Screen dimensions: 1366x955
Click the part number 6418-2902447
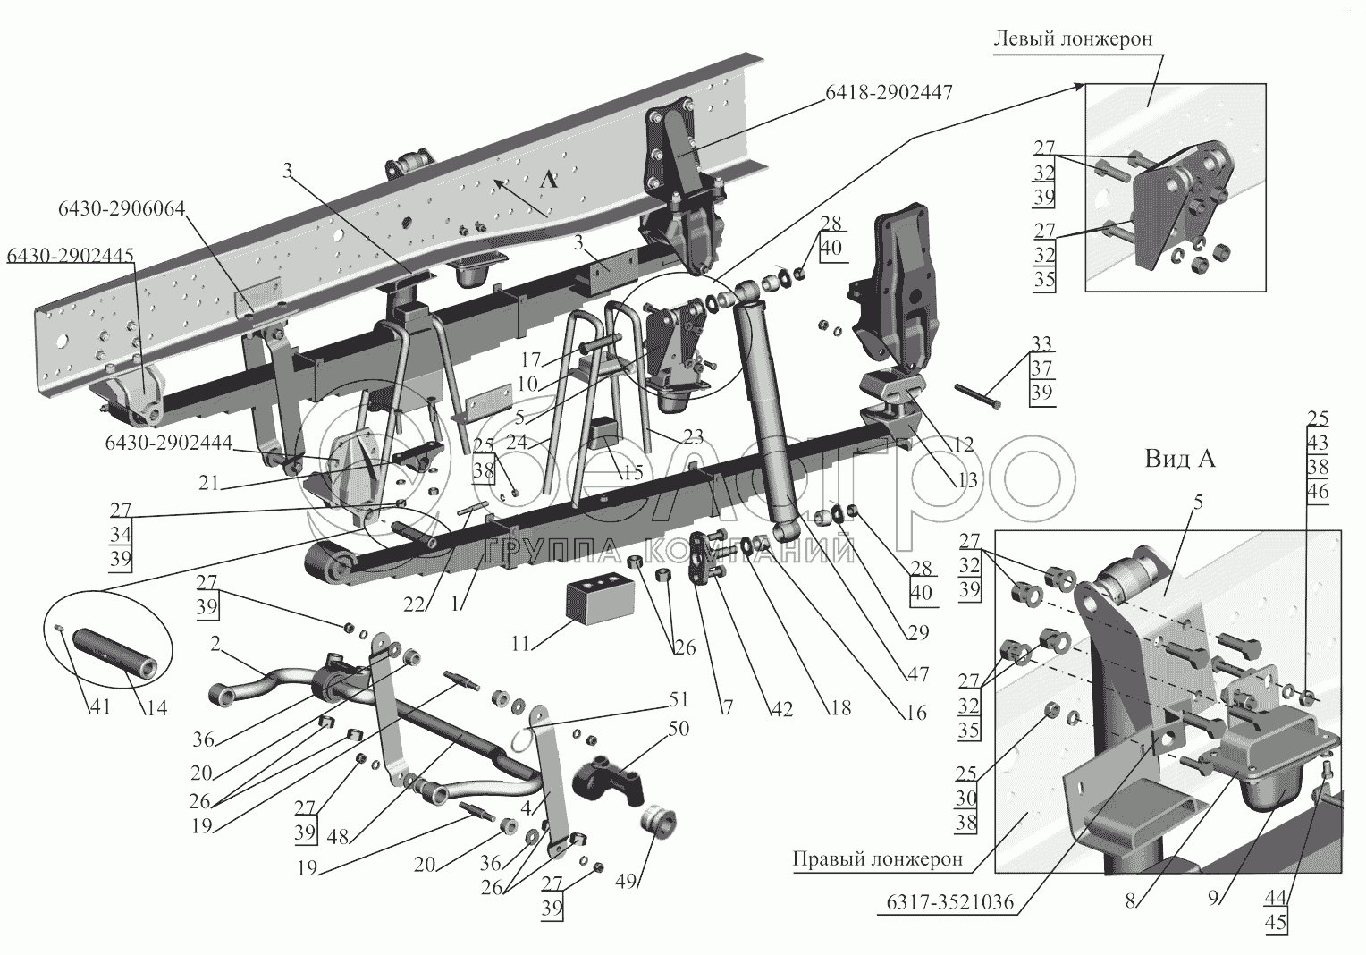point(889,93)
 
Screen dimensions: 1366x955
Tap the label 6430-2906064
point(122,209)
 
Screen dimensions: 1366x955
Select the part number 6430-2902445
point(70,256)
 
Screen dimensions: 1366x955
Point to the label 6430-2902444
point(169,442)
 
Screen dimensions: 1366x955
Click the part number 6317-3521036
point(949,902)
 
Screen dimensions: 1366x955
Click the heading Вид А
point(1179,459)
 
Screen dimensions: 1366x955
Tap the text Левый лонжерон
point(1073,39)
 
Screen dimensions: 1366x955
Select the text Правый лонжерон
point(878,859)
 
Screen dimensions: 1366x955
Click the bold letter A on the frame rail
point(549,180)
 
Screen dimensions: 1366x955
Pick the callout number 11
point(520,644)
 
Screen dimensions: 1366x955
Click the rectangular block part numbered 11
point(592,601)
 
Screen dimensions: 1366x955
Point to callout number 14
point(156,706)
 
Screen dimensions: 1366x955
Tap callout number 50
point(679,728)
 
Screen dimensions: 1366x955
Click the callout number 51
point(678,699)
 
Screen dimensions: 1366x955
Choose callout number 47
point(918,674)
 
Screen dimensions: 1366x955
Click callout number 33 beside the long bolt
point(1041,344)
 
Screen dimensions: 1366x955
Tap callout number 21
point(208,482)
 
